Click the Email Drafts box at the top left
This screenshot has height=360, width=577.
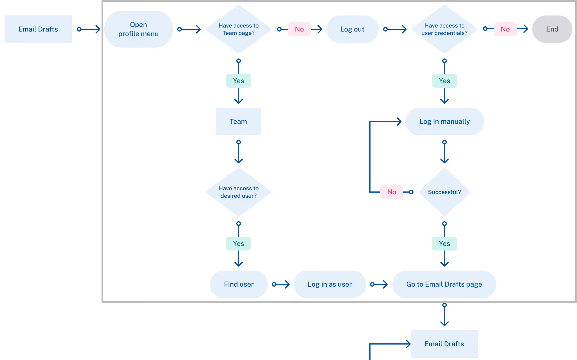point(38,29)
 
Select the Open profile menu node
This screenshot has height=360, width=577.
point(138,29)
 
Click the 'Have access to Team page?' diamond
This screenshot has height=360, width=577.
point(238,29)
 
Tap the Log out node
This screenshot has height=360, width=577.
point(352,29)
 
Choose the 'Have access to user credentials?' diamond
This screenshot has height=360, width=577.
point(444,29)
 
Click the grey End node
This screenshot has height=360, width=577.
point(552,29)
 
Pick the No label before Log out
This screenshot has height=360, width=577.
point(299,29)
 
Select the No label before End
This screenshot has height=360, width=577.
point(505,29)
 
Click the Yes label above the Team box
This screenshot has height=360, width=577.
point(238,81)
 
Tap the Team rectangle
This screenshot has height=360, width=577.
point(238,122)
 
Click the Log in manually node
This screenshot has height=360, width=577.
point(445,122)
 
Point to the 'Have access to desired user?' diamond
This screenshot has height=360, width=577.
point(238,192)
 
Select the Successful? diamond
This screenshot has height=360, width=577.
point(444,192)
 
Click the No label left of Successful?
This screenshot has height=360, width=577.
point(391,192)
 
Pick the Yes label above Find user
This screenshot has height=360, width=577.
point(238,244)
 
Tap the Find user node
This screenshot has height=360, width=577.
point(239,284)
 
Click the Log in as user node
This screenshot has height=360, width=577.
point(330,284)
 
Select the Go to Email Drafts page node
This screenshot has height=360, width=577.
point(444,284)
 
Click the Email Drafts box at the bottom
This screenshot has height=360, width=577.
point(444,344)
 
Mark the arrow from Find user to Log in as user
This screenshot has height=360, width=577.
point(281,284)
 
